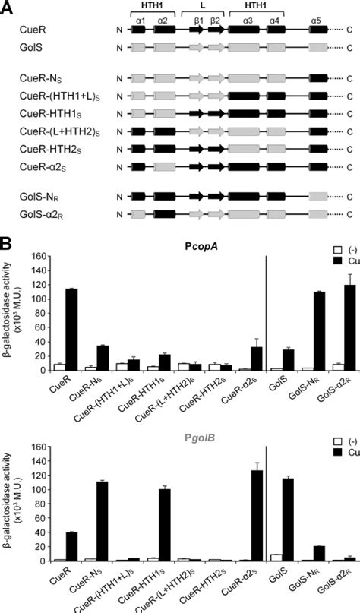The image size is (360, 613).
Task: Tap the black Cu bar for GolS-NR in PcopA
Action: [x=312, y=330]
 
